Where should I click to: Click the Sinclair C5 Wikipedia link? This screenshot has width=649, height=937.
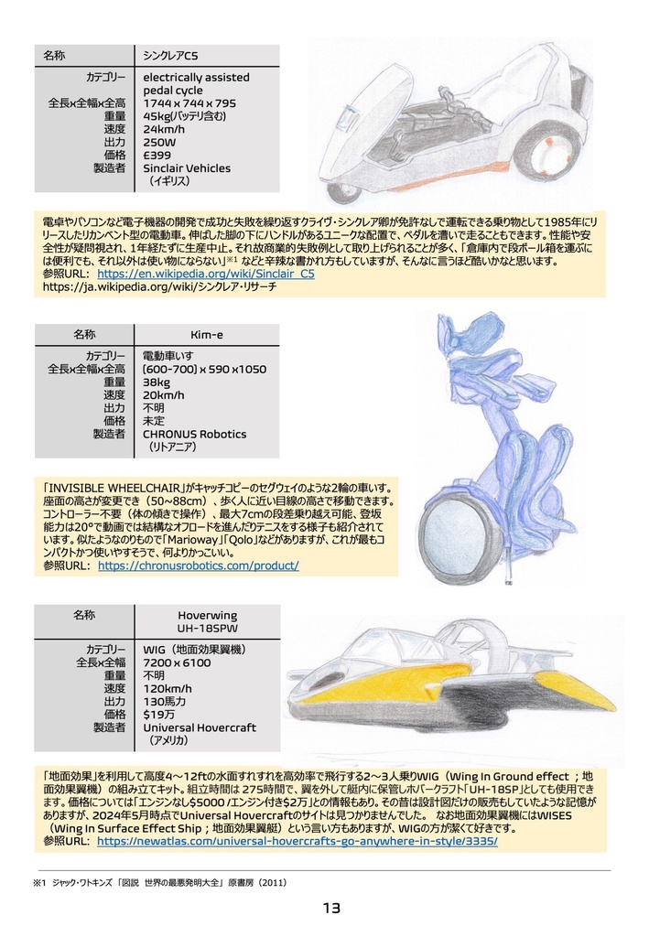206,274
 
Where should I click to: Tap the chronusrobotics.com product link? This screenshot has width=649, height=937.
198,566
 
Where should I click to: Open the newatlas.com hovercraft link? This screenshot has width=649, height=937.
297,841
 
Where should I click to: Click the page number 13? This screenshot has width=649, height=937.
330,909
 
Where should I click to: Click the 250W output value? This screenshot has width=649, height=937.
159,143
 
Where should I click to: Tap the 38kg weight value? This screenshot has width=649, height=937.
157,382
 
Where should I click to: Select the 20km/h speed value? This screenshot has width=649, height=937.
164,395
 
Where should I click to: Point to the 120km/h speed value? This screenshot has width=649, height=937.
168,688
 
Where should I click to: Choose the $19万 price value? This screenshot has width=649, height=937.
158,714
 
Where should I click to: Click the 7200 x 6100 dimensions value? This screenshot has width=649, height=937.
177,662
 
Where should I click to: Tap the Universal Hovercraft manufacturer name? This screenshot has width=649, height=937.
200,727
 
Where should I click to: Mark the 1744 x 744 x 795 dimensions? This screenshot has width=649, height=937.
189,103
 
